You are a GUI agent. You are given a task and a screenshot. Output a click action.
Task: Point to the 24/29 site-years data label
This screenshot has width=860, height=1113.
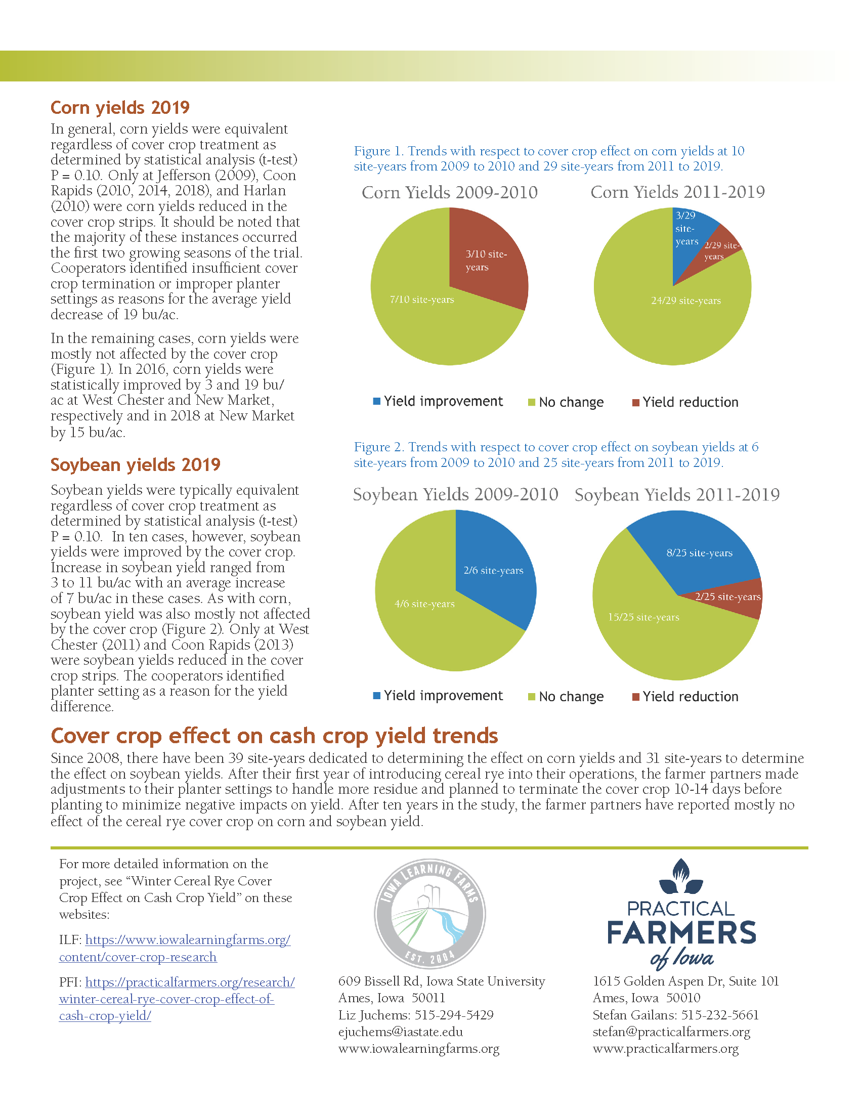pyautogui.click(x=686, y=301)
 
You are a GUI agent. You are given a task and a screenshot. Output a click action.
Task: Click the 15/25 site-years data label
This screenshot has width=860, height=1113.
pyautogui.click(x=643, y=617)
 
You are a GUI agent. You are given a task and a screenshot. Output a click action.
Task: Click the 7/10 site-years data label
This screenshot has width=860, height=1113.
pyautogui.click(x=422, y=299)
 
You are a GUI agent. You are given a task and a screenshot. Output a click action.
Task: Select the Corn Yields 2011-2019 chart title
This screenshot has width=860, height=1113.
pyautogui.click(x=677, y=192)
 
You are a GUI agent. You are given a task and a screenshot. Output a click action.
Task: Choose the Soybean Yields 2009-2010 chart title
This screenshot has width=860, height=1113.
pyautogui.click(x=455, y=494)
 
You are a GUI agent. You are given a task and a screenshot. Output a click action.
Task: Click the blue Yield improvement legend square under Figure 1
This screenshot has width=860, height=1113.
pyautogui.click(x=377, y=402)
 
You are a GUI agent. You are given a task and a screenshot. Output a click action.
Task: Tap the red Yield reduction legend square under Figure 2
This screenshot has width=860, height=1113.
pyautogui.click(x=636, y=697)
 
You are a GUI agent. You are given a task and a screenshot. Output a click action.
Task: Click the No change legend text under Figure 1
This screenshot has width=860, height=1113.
pyautogui.click(x=571, y=402)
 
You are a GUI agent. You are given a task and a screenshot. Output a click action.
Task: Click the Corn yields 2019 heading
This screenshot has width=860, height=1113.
pyautogui.click(x=120, y=108)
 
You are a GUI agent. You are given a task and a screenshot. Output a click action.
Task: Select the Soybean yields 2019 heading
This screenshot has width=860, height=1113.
pyautogui.click(x=135, y=465)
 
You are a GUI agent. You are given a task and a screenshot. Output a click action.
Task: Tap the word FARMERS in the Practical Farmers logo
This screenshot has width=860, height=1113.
pyautogui.click(x=681, y=933)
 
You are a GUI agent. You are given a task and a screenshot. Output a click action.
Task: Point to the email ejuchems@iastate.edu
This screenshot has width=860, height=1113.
pyautogui.click(x=401, y=1032)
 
